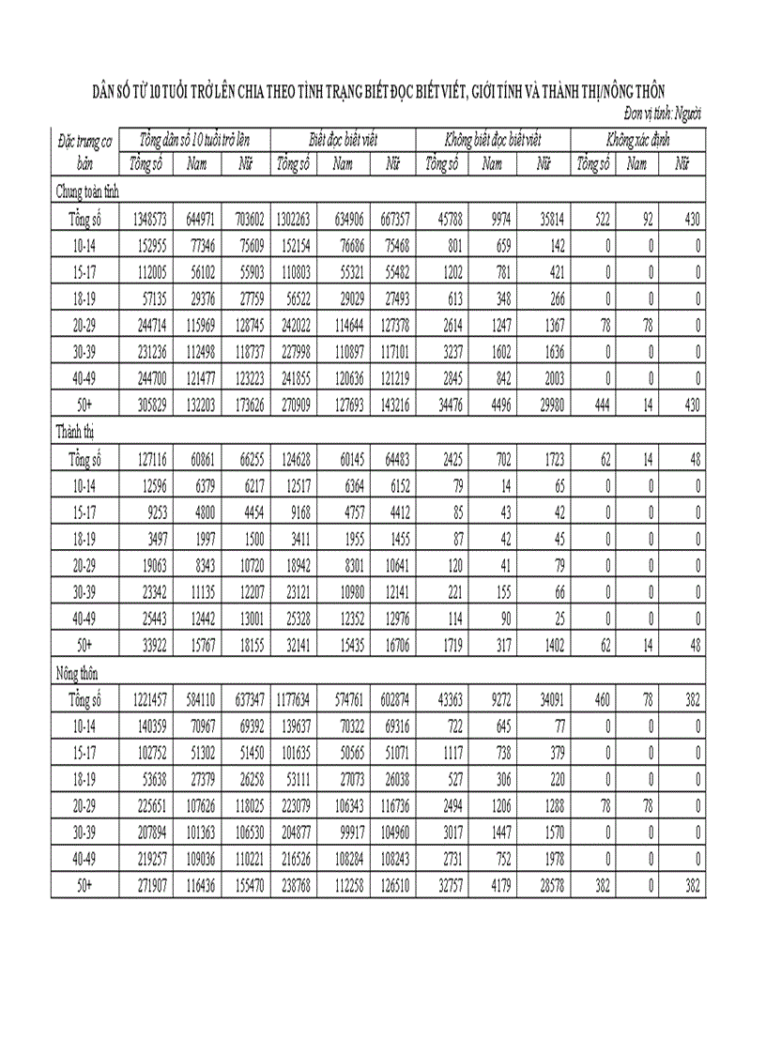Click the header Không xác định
tap(637, 139)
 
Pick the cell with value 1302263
tap(295, 221)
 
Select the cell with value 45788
tap(446, 221)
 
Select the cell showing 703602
tap(245, 221)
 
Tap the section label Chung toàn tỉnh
tap(86, 192)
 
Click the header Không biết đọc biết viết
tap(495, 139)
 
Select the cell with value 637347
tap(245, 700)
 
